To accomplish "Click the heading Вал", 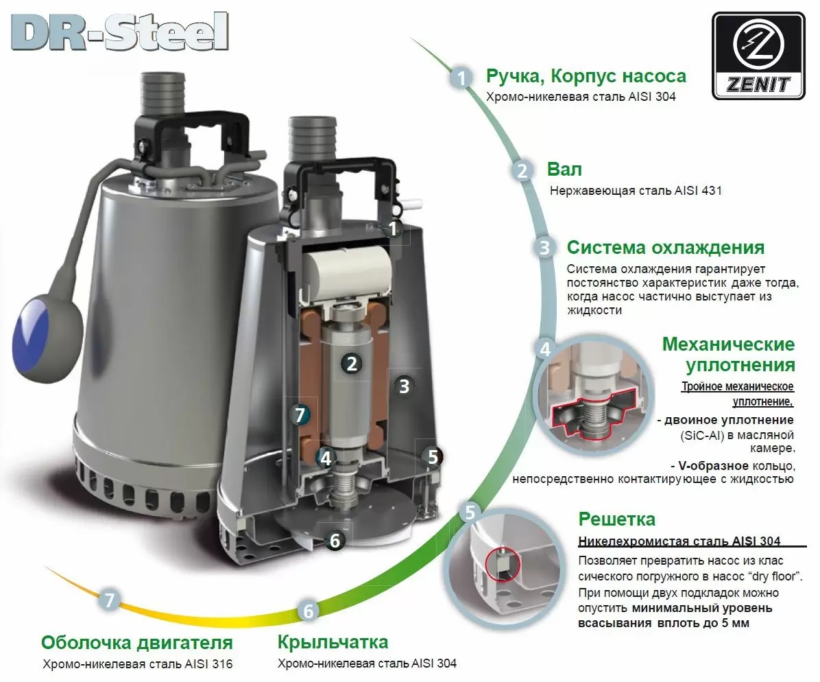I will click(564, 169).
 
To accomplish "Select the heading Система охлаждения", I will click(665, 247).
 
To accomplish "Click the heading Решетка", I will click(616, 519).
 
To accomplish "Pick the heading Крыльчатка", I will click(333, 642).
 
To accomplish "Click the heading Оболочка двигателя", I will click(137, 642).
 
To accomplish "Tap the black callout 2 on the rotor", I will click(352, 364).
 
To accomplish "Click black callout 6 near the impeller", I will click(335, 541).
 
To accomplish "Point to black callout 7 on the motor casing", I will click(298, 414).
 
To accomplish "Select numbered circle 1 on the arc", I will click(462, 78).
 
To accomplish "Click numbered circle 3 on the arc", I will click(544, 248).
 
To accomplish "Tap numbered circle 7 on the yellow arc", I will click(110, 600).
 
